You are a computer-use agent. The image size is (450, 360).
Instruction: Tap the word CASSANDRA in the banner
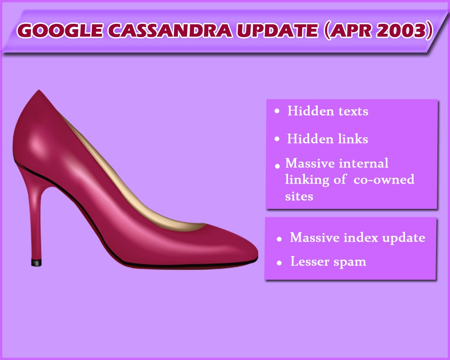[170, 30]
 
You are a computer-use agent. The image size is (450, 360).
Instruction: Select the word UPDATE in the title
[278, 30]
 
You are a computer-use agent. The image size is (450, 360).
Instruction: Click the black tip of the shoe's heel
[36, 263]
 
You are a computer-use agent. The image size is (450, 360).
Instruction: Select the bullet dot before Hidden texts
[277, 111]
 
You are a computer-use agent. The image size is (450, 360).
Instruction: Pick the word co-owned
[384, 180]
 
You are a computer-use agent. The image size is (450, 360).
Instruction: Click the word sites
[299, 197]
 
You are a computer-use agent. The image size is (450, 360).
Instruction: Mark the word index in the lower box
[361, 238]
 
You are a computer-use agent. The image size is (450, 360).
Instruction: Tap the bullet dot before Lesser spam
[279, 263]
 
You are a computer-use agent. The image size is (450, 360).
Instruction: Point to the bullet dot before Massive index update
[279, 239]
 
